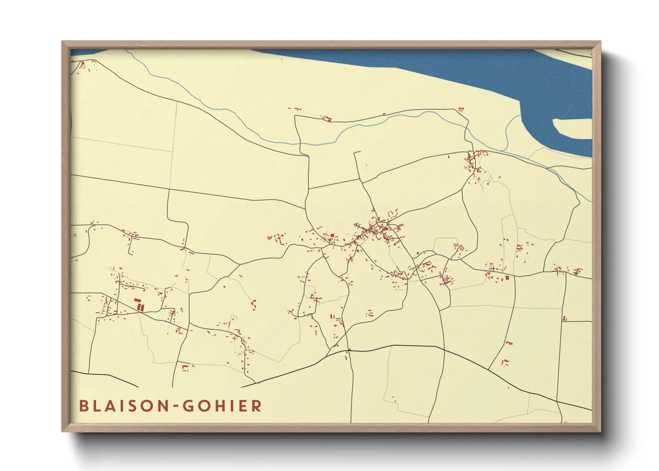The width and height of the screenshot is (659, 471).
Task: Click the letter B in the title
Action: coord(83,406)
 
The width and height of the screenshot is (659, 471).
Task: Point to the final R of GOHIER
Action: coord(256,406)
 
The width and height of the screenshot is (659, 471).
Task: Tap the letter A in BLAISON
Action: coord(109,406)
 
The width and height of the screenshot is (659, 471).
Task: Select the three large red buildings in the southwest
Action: coord(139,305)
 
